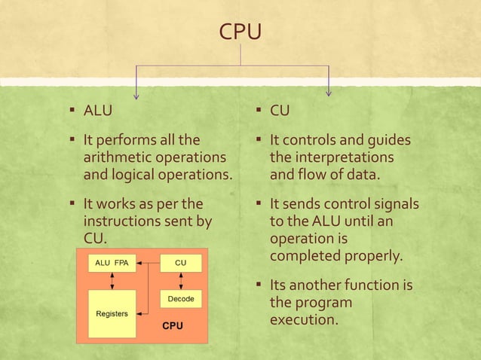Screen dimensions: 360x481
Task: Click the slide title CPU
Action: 240,32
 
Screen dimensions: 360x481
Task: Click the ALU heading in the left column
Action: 98,111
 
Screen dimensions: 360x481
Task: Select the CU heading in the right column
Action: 280,111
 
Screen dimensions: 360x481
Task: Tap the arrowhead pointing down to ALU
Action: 136,94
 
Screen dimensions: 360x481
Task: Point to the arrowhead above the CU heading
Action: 329,93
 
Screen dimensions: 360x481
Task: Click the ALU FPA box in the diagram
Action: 112,263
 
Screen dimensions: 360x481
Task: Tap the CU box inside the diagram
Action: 181,263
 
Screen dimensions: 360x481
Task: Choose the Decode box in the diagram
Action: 181,299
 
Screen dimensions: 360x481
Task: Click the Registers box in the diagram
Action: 112,313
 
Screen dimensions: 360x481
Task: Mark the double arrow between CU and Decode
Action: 181,281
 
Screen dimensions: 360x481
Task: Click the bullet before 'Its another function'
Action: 259,285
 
